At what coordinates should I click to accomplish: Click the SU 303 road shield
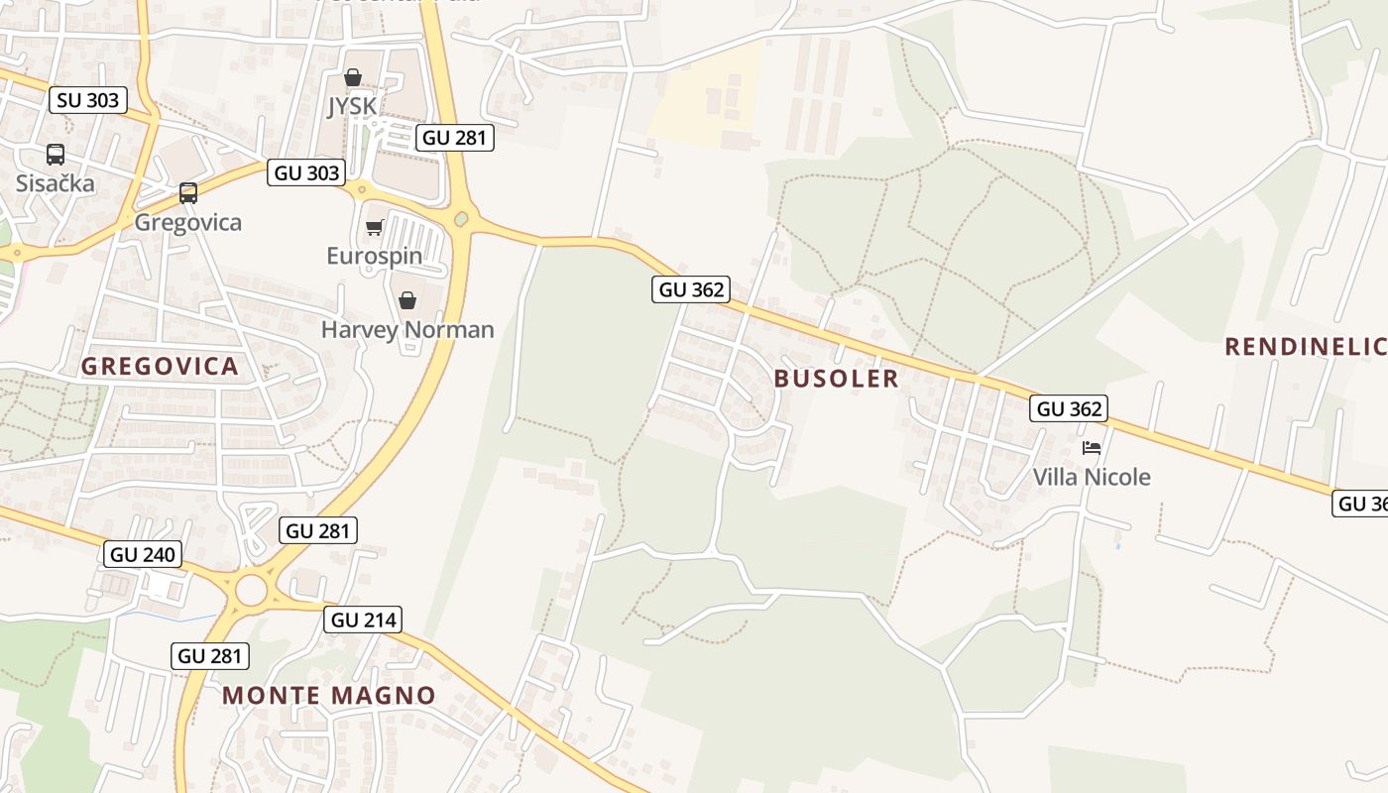(88, 100)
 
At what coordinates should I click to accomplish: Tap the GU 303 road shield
(307, 172)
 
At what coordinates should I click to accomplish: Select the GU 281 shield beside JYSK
(455, 138)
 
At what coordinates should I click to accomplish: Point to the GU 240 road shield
(144, 554)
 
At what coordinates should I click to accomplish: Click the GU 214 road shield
(363, 621)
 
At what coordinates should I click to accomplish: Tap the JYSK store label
(352, 106)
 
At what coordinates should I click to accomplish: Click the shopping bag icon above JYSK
(352, 77)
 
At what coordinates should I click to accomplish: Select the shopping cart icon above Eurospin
(374, 228)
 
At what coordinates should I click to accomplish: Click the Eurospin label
(374, 256)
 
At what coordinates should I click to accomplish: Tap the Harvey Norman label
(407, 329)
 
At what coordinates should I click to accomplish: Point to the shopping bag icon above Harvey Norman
(406, 300)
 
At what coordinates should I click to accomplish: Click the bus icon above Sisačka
(56, 155)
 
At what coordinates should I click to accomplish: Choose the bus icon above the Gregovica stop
(188, 193)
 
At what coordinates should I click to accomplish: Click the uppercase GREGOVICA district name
(160, 367)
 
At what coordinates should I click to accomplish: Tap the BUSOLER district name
(836, 379)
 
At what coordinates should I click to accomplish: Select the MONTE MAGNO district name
(329, 696)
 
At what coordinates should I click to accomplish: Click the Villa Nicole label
(1092, 477)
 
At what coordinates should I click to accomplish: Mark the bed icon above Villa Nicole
(1092, 448)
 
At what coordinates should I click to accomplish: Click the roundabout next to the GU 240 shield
(252, 591)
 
